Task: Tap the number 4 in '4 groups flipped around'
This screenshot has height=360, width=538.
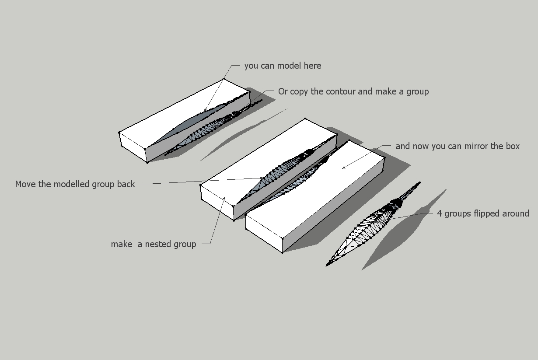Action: pos(440,213)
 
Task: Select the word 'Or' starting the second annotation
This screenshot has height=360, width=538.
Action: pos(283,91)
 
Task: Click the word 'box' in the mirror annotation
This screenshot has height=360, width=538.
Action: pos(513,146)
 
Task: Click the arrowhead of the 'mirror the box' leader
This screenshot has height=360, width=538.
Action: pos(344,168)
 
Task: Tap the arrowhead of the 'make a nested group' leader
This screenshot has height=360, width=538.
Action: pos(224,198)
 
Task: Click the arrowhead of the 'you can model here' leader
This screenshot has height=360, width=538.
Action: pos(205,110)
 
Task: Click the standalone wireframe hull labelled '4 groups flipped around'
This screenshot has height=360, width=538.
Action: pos(373,224)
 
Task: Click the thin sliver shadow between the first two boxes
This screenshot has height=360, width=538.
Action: pos(243,135)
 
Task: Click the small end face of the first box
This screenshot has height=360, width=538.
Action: pos(133,147)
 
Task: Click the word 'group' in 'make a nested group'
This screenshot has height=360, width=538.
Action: pos(185,245)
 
